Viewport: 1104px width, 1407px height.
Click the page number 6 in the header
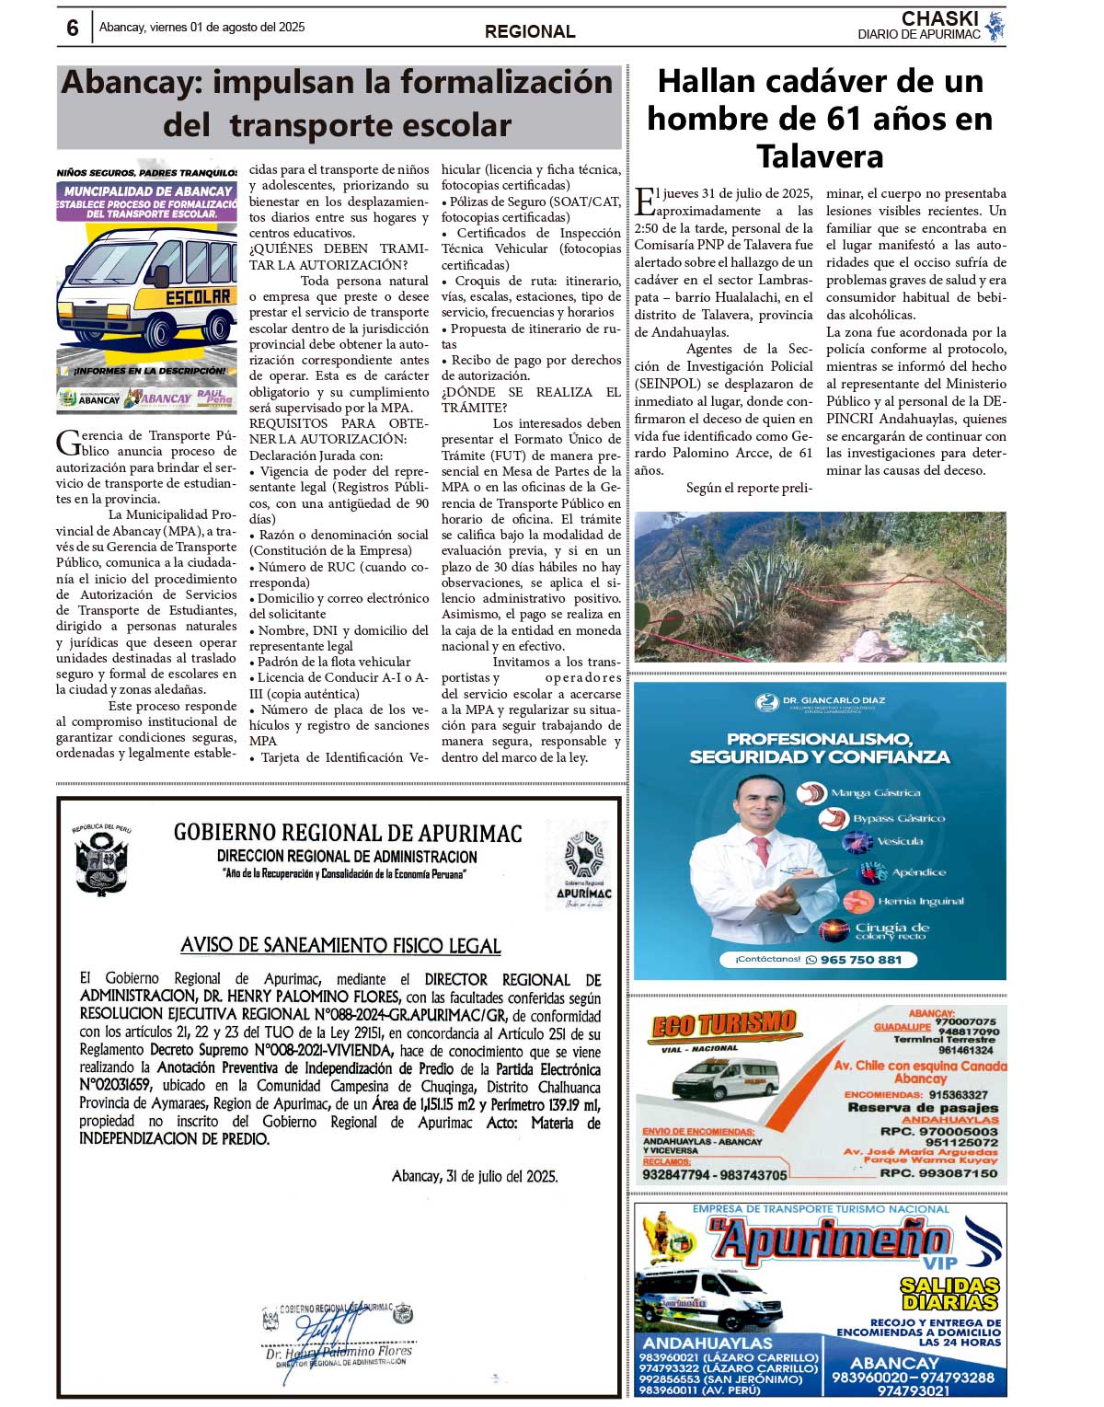pos(73,28)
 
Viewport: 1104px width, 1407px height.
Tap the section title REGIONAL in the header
pos(530,31)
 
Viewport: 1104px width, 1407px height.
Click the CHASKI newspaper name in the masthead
pos(939,18)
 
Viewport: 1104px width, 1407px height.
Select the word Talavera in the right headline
pos(820,156)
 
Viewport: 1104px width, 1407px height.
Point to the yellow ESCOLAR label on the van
pos(198,297)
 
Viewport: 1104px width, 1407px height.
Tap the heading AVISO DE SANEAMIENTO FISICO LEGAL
pos(340,945)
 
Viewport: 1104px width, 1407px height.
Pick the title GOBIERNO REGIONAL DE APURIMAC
pos(348,833)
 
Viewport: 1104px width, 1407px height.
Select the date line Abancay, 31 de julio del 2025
pos(475,1176)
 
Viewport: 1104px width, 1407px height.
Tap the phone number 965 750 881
pos(860,960)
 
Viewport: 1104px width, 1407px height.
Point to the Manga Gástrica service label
pos(874,792)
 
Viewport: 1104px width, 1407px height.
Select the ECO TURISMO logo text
pos(723,1025)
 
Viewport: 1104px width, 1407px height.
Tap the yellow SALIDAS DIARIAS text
pos(949,1293)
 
